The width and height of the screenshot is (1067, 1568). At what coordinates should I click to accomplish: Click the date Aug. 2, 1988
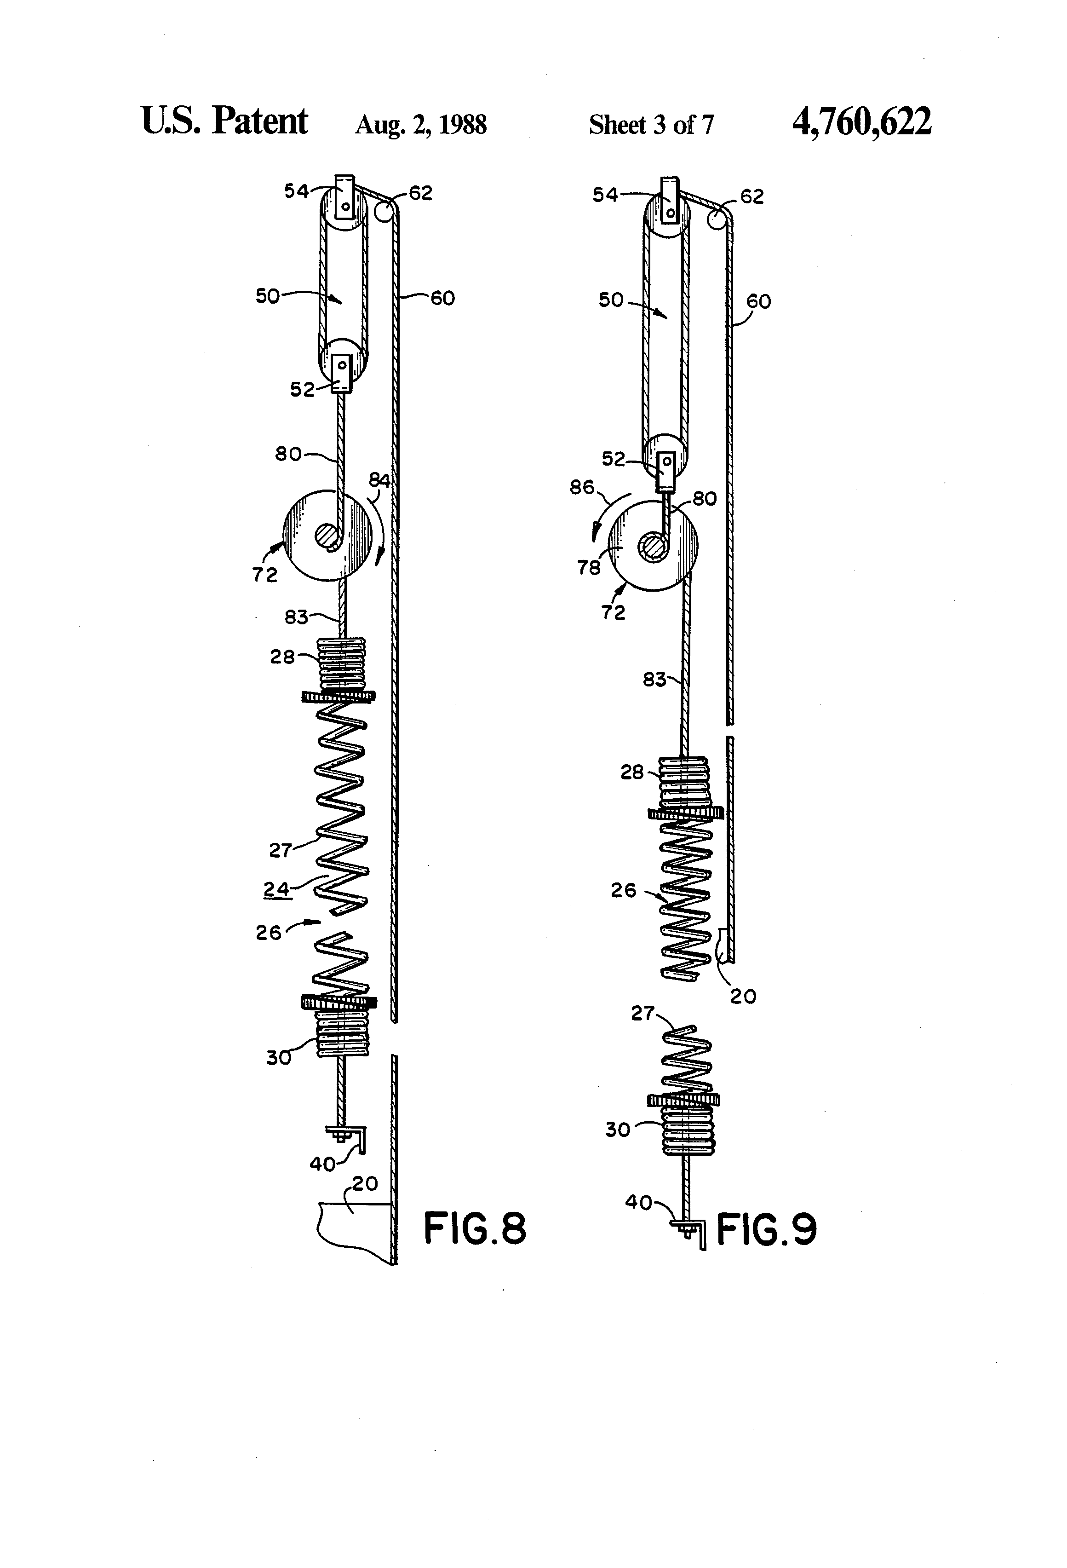pyautogui.click(x=420, y=125)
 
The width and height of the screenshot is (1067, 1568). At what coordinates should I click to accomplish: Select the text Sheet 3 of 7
pyautogui.click(x=650, y=125)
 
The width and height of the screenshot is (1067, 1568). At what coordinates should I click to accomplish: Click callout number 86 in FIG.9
pyautogui.click(x=581, y=486)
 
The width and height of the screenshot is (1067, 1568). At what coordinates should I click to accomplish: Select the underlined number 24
pyautogui.click(x=276, y=889)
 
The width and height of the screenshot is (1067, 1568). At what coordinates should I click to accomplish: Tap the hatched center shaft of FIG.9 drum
pyautogui.click(x=653, y=544)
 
